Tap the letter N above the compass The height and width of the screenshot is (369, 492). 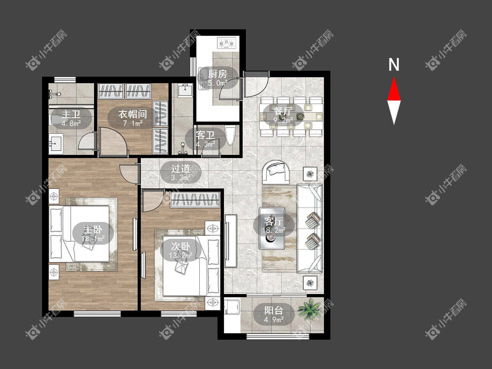393,65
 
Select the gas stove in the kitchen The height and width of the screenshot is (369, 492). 227,43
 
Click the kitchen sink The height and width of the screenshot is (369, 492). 203,78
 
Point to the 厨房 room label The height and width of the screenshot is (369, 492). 217,74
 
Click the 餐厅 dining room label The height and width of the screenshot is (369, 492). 283,111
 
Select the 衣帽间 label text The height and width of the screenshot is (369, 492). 133,114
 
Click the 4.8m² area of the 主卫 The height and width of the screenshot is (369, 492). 71,123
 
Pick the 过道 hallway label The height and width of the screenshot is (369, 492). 180,169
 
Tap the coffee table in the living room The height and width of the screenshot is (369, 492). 272,228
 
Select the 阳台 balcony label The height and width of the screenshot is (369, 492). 273,311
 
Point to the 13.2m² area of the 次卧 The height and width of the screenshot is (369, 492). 180,255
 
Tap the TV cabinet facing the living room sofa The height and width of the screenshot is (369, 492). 231,241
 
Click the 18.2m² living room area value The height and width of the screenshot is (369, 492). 274,230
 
